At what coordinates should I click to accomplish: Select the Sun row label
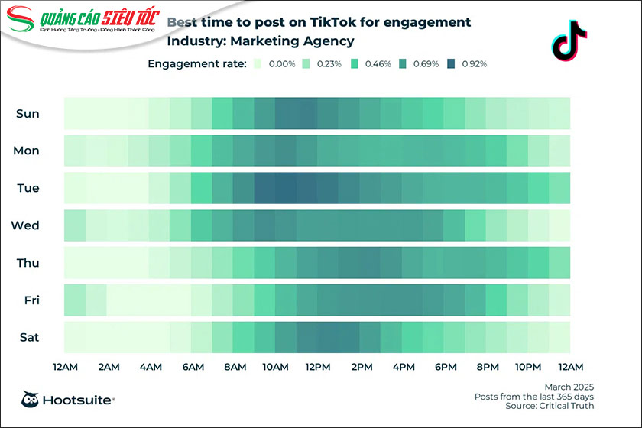[x=28, y=114]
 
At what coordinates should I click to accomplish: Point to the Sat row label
[x=28, y=337]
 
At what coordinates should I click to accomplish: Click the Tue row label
[x=28, y=188]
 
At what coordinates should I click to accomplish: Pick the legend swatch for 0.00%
[x=258, y=64]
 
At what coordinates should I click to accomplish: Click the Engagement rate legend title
[x=196, y=64]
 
